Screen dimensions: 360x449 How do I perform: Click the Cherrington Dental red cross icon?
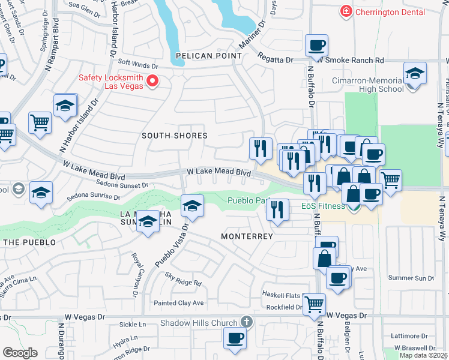(x=346, y=11)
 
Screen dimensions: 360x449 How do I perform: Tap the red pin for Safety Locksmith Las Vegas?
(x=152, y=80)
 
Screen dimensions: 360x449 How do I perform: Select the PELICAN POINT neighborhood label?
(x=209, y=56)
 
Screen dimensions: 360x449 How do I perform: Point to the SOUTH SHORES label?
(x=174, y=136)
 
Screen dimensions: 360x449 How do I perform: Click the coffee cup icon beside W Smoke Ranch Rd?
(x=316, y=45)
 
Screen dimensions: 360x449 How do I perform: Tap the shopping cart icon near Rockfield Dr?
(x=314, y=304)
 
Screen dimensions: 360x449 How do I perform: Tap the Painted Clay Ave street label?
(x=179, y=303)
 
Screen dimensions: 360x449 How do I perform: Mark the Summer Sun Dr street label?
(x=411, y=278)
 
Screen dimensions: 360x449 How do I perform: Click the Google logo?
(x=20, y=353)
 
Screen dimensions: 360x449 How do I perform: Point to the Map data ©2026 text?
(x=423, y=355)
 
